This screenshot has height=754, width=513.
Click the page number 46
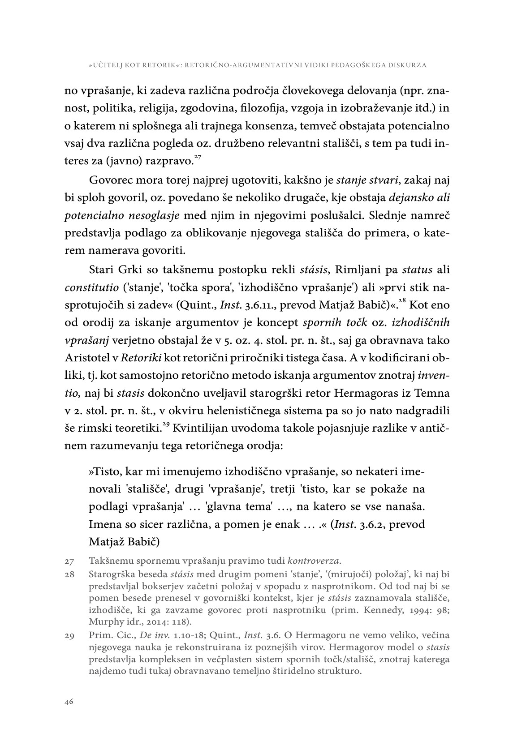pos(69,702)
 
